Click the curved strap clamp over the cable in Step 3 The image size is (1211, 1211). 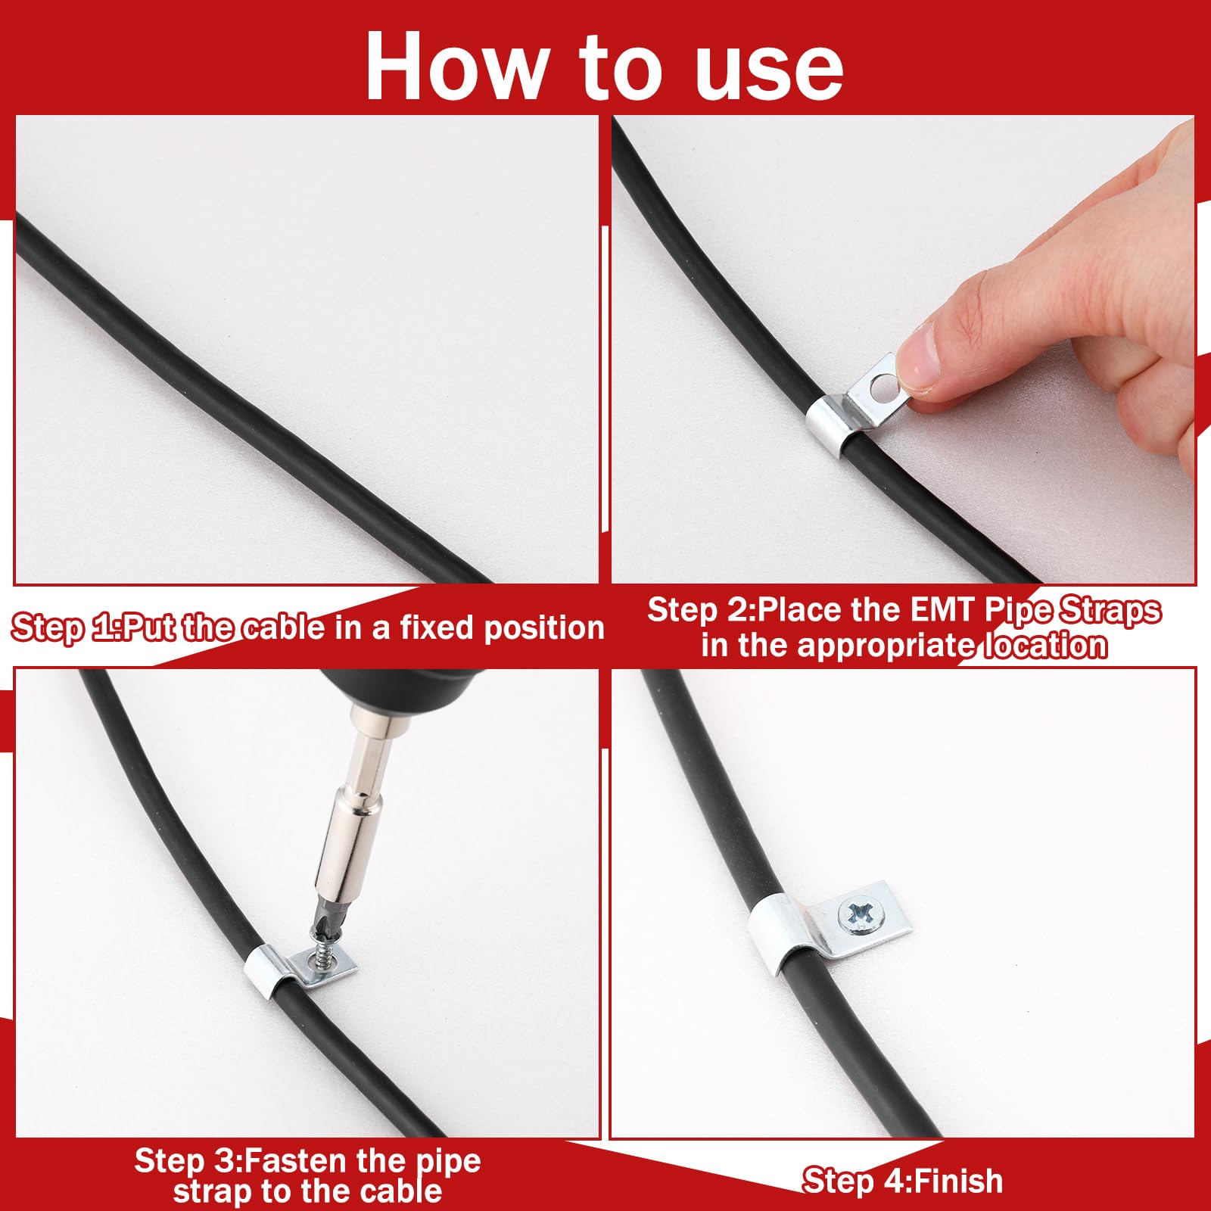click(x=266, y=973)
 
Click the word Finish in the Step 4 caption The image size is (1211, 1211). click(x=957, y=1181)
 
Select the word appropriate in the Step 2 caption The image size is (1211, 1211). click(x=886, y=646)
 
